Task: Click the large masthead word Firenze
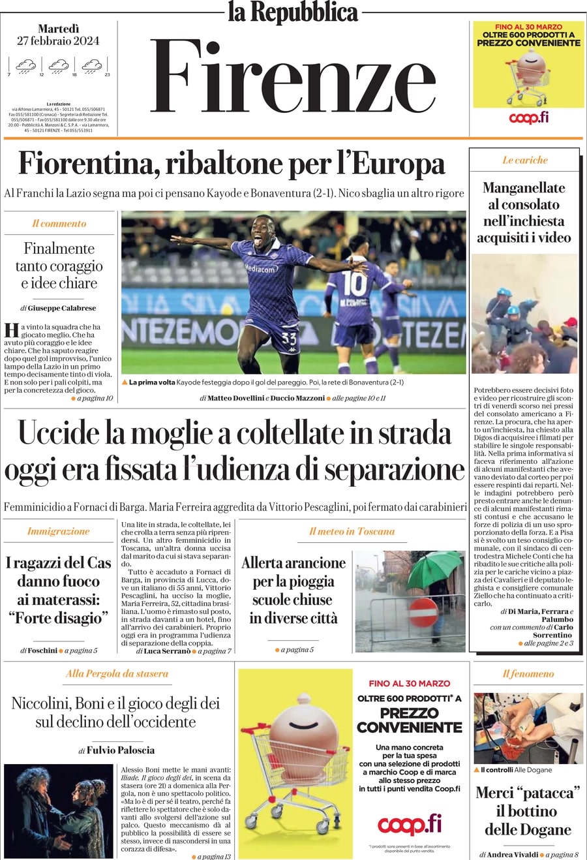293,77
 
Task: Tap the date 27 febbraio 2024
59,40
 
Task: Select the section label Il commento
59,223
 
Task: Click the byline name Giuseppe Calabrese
62,308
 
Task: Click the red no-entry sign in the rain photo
423,612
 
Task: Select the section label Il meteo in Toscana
352,531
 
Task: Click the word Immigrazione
58,531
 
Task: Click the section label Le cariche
525,160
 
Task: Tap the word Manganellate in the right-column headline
524,188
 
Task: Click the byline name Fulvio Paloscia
121,750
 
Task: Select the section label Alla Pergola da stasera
117,673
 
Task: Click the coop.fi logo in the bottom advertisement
409,824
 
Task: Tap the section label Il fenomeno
528,673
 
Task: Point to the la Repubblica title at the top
293,12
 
